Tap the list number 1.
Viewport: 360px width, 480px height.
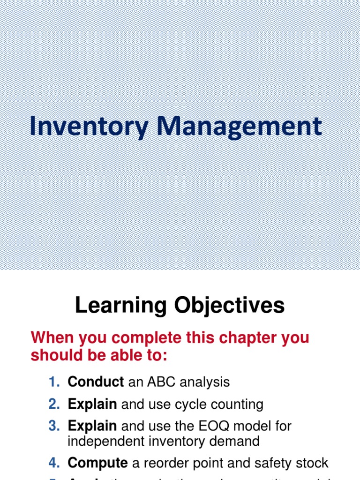tap(54, 382)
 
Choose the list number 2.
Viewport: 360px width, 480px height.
tap(54, 404)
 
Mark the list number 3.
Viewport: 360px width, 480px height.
tap(54, 426)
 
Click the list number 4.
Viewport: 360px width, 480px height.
tap(54, 463)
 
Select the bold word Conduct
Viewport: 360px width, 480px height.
tap(96, 382)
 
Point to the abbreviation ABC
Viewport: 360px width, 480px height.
tap(161, 382)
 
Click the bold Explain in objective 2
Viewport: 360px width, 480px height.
tap(92, 404)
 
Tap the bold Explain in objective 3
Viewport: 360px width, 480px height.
tap(92, 426)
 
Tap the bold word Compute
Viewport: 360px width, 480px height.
tap(97, 463)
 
